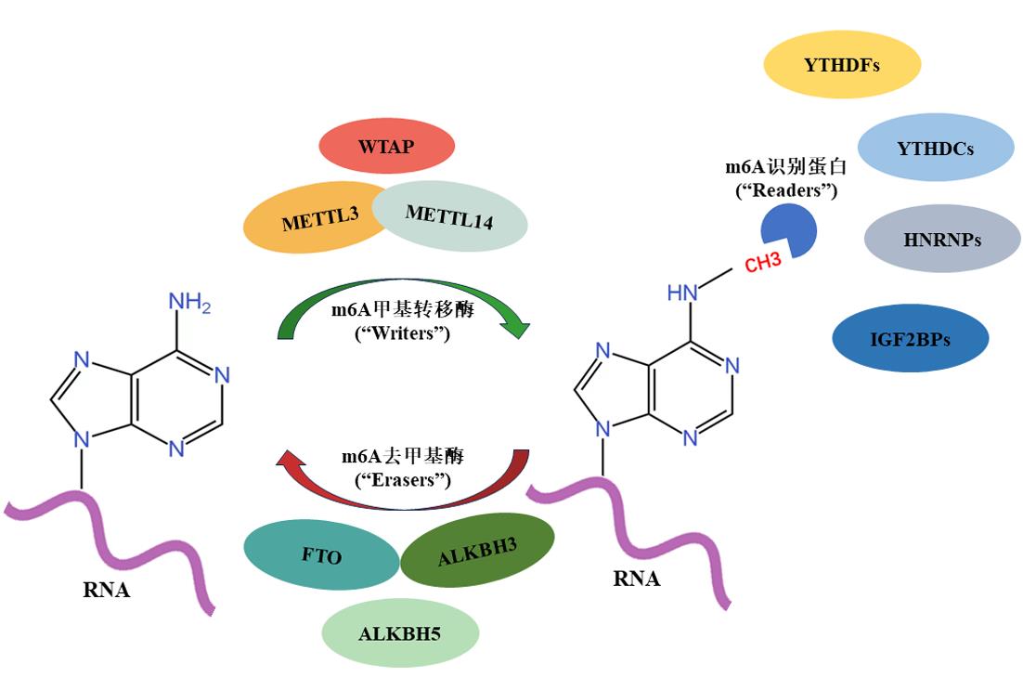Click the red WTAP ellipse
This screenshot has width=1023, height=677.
pos(386,146)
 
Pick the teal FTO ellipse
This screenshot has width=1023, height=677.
pos(321,556)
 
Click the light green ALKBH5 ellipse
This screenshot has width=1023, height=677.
pos(400,634)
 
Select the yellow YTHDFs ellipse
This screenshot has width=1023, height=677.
pos(841,65)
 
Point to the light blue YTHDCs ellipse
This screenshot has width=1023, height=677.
pos(935,148)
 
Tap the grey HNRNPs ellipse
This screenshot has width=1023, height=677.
pos(941,240)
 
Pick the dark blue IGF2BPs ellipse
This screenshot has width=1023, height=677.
pos(909,339)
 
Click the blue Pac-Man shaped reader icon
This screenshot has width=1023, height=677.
pos(788,231)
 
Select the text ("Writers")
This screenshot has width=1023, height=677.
pos(403,332)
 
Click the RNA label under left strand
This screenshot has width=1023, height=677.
pos(106,590)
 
